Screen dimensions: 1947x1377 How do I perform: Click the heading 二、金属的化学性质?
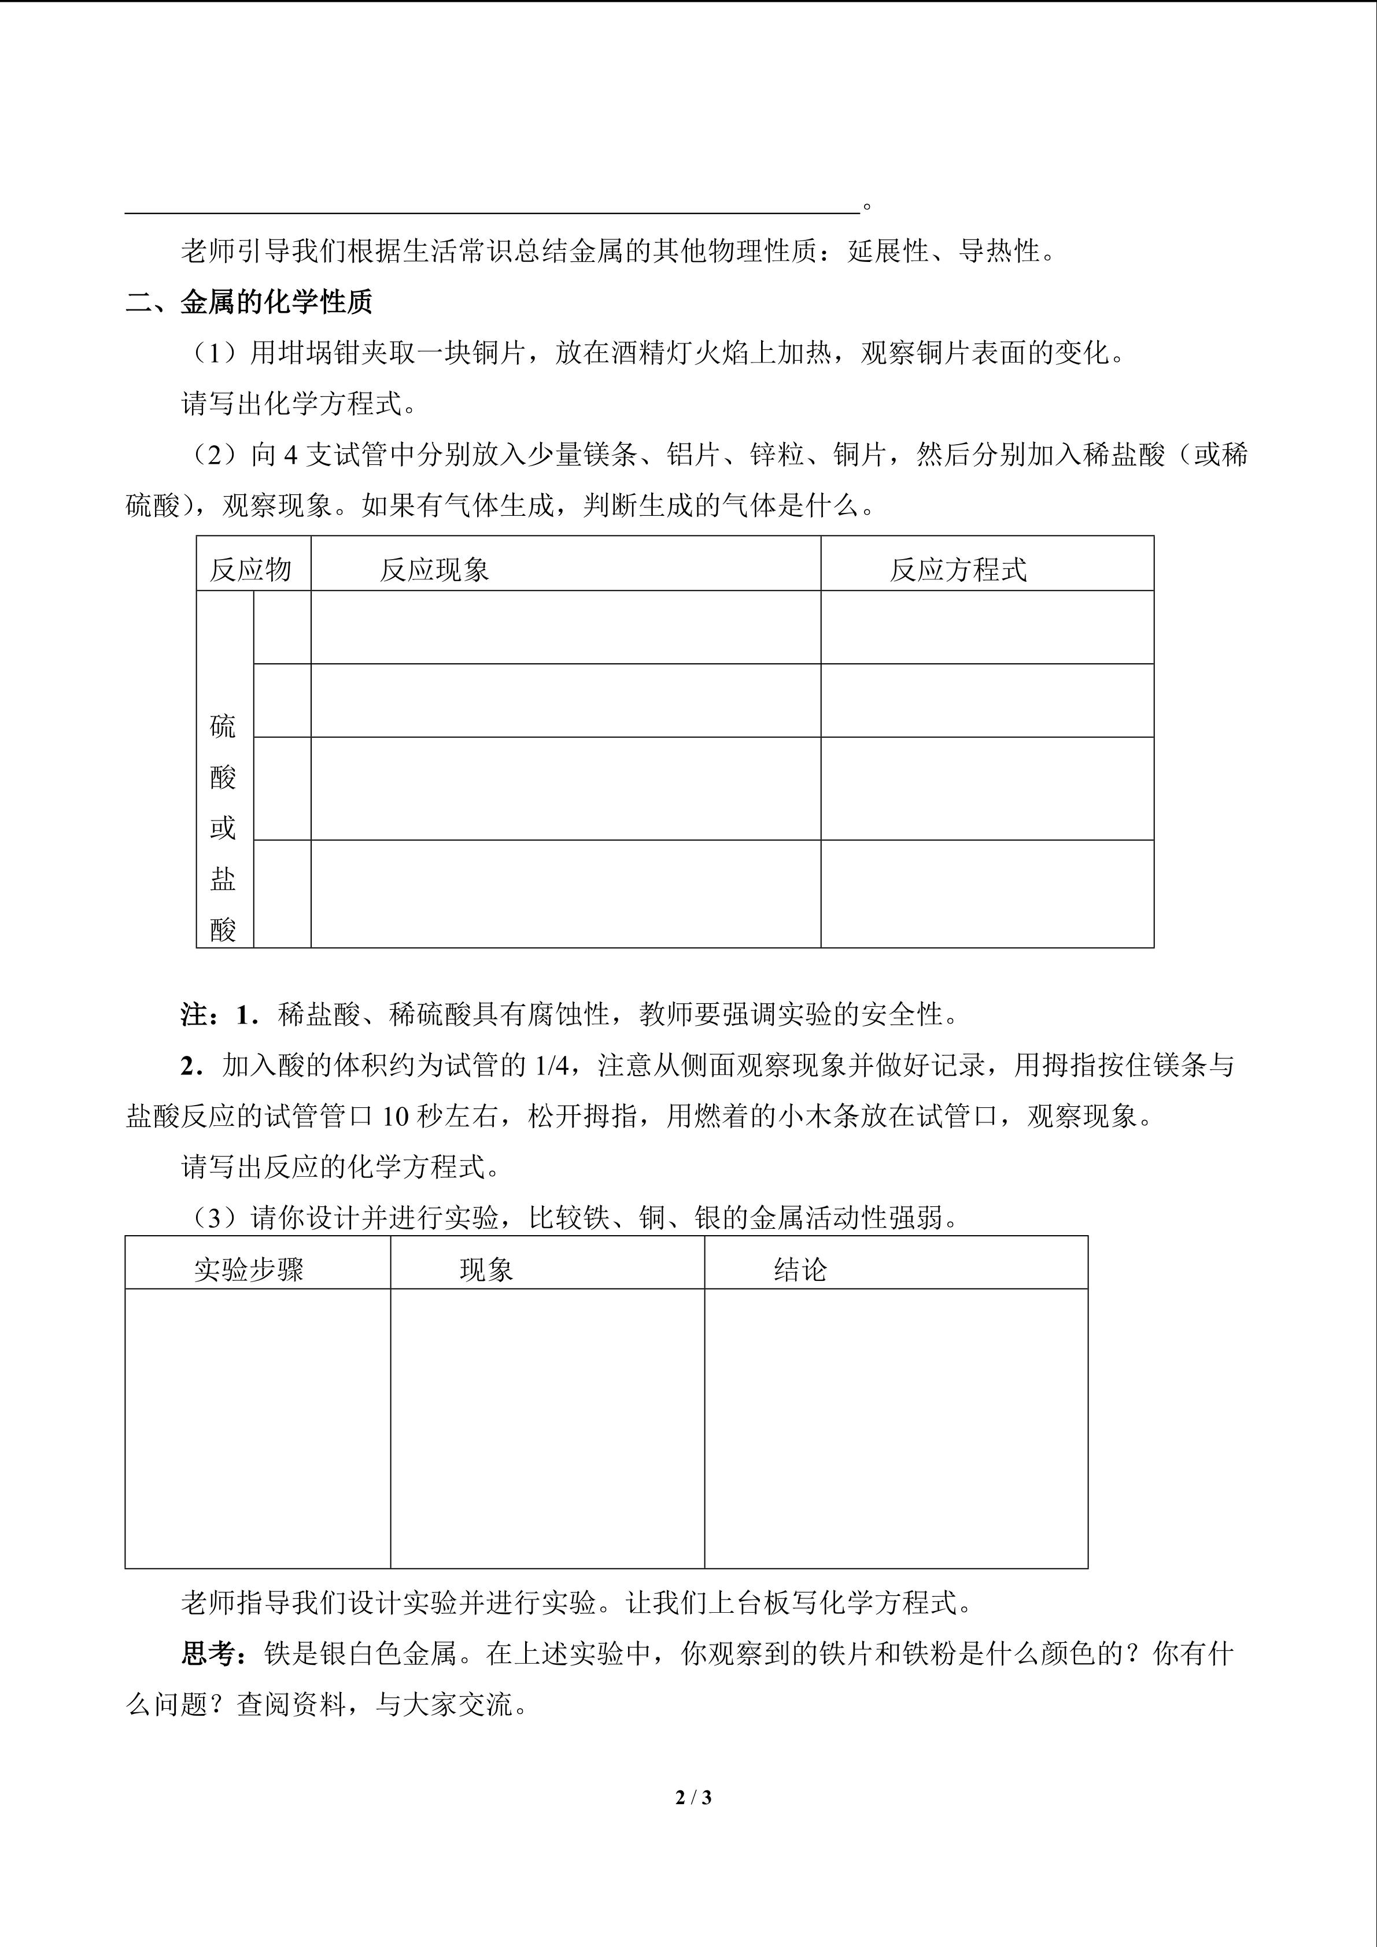[249, 302]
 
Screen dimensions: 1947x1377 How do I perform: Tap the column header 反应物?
[250, 569]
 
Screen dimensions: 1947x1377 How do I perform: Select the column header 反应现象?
[434, 569]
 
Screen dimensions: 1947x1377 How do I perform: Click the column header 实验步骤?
[249, 1269]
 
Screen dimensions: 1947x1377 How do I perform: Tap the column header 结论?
[800, 1269]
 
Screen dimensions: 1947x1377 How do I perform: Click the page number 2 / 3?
[693, 1797]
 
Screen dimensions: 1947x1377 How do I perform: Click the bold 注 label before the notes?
[194, 1014]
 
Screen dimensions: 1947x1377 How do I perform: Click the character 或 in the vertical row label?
[223, 827]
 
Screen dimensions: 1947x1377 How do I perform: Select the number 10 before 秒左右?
[395, 1117]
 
